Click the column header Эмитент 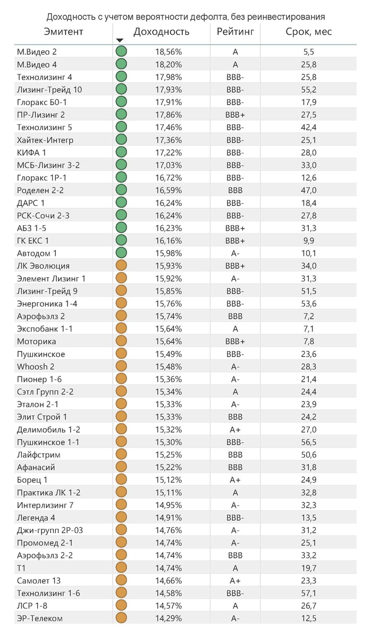(63, 31)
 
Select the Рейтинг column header (235, 31)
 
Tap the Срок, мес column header (308, 31)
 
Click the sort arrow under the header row (120, 40)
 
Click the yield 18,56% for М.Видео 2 (168, 52)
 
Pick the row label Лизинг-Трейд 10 (49, 89)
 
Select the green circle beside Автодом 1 (121, 253)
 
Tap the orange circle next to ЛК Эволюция (121, 265)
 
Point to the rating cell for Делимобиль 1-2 (235, 430)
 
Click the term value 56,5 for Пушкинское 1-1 (308, 442)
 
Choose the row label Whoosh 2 (36, 366)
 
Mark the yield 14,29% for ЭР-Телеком (168, 618)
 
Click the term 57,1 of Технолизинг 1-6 (308, 593)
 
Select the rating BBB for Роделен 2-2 (235, 190)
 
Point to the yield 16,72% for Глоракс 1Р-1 (168, 177)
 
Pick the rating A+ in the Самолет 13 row (235, 580)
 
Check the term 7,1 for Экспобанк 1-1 (308, 329)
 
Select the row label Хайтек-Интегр (45, 140)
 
